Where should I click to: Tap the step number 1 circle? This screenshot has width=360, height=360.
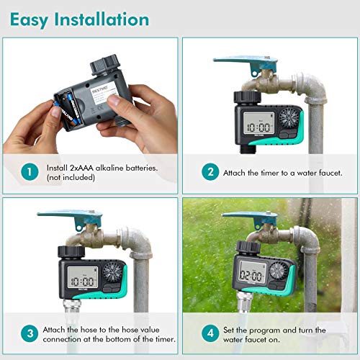click(x=28, y=172)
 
